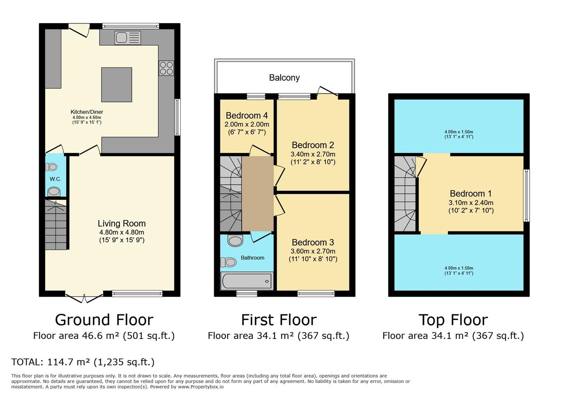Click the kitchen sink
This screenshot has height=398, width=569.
(128, 38)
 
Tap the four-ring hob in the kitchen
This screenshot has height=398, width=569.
(166, 68)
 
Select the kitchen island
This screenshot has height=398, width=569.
(116, 85)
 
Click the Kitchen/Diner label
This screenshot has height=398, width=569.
(87, 112)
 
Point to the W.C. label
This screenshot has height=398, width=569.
(55, 179)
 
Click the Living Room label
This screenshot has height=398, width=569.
(122, 224)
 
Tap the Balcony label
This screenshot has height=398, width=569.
(284, 77)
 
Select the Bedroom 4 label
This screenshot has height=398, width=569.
(247, 116)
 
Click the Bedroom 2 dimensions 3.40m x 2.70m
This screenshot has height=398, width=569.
(313, 154)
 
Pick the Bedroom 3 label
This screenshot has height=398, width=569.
(313, 242)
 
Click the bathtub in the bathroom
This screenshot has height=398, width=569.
(247, 281)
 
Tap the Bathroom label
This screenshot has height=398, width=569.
(252, 258)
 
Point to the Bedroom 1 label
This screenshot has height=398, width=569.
(471, 193)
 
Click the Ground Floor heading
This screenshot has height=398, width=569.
(104, 320)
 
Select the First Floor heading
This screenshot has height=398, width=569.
(279, 320)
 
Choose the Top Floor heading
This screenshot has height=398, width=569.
(453, 320)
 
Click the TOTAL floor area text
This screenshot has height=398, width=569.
(83, 362)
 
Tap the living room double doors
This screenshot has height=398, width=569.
(84, 298)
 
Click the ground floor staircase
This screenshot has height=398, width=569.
(56, 224)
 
